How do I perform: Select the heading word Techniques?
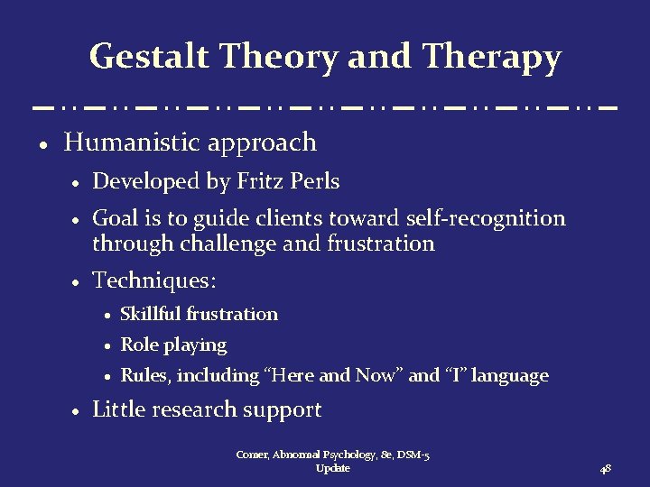pyautogui.click(x=154, y=281)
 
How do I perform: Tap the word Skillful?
pyautogui.click(x=151, y=314)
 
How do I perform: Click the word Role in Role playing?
pyautogui.click(x=137, y=345)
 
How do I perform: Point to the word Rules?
pyautogui.click(x=143, y=375)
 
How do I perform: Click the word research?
pyautogui.click(x=197, y=410)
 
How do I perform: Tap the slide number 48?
pyautogui.click(x=607, y=469)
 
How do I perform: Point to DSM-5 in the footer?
pyautogui.click(x=411, y=455)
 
